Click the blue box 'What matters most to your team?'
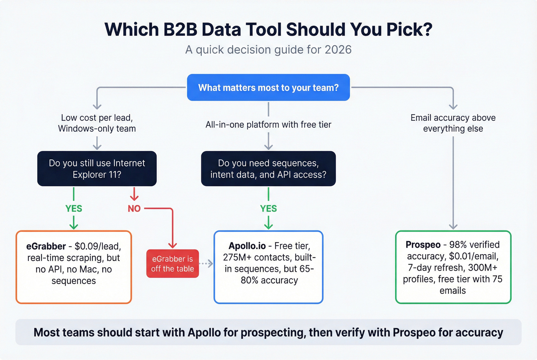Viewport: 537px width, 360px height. point(268,88)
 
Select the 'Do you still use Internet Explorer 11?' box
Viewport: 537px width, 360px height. point(97,169)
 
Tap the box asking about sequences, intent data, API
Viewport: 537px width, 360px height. point(268,169)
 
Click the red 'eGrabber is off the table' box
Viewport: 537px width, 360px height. point(173,264)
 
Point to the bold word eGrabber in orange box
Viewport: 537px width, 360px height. point(46,246)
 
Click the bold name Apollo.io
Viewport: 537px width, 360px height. point(247,246)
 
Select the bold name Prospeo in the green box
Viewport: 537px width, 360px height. point(423,245)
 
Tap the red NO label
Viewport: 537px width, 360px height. point(134,209)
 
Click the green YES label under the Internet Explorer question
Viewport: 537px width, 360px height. point(74,209)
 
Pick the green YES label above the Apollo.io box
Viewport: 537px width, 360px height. point(268,209)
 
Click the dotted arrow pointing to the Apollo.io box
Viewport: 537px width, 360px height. point(206,263)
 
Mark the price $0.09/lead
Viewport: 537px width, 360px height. point(98,246)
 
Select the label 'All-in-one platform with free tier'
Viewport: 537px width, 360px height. point(268,125)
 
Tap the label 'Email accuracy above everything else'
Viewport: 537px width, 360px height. point(453,123)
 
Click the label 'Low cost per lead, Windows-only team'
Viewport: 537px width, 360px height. point(97,123)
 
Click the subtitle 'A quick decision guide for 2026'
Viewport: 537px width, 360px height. point(268,50)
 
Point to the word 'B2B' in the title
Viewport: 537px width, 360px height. point(180,30)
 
